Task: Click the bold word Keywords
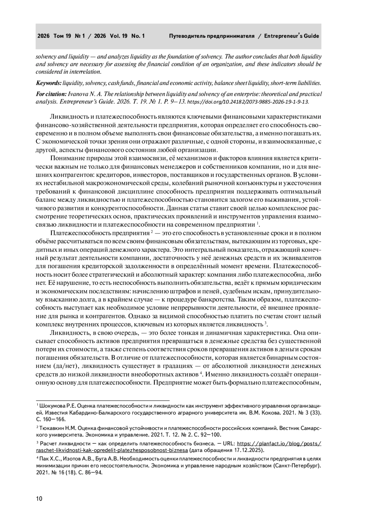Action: (x=48, y=83)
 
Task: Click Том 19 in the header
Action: (x=62, y=36)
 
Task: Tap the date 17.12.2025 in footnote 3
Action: (x=248, y=450)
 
